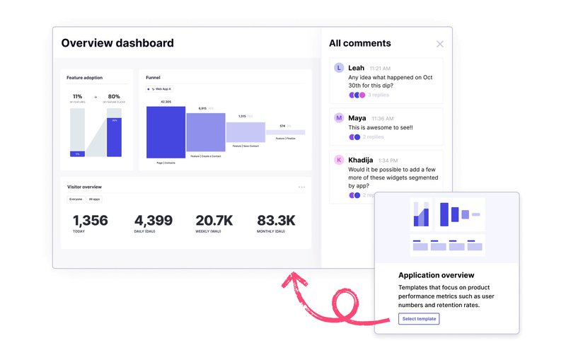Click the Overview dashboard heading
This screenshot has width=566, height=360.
pos(117,43)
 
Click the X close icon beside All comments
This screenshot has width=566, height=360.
pos(440,44)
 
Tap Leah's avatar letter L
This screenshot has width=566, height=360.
pos(339,68)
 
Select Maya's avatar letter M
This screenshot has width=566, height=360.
pos(339,118)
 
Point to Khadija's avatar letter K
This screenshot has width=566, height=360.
pos(339,160)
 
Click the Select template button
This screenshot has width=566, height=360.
pos(419,319)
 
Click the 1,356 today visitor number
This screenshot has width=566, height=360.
pos(91,221)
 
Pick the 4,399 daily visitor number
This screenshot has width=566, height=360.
pos(153,221)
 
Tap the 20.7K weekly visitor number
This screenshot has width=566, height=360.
pos(215,221)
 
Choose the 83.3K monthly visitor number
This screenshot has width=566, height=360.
pos(277,221)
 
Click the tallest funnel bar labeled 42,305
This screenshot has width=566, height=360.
pos(166,132)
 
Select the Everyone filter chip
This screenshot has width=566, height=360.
pos(76,199)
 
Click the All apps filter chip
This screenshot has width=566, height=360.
pos(94,199)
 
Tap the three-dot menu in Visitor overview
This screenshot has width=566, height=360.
pos(301,187)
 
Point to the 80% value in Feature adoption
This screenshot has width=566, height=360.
pos(113,96)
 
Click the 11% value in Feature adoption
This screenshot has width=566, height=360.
pos(78,96)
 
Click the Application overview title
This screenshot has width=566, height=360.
pos(436,275)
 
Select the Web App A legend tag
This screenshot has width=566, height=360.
pos(160,89)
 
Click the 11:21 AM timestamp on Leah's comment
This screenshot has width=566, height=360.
pos(380,69)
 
